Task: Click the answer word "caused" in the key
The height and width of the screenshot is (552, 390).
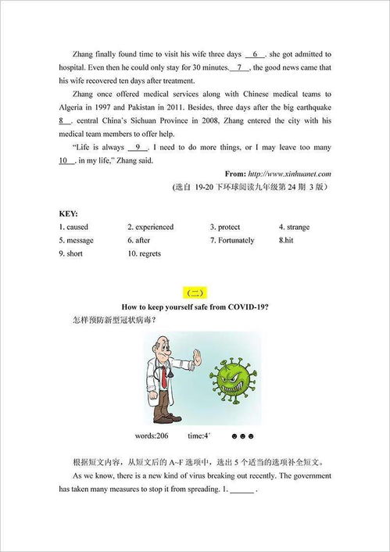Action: pos(77,227)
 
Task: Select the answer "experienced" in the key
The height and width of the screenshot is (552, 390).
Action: pos(153,227)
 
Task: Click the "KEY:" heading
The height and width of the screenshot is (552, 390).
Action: pos(68,213)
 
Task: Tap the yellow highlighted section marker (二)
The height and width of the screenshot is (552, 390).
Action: pos(195,293)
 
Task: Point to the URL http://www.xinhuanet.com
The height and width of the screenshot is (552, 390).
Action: pos(292,173)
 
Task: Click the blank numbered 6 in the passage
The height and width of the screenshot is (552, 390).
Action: pos(256,54)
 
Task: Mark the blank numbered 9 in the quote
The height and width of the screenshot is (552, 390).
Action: pos(137,147)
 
